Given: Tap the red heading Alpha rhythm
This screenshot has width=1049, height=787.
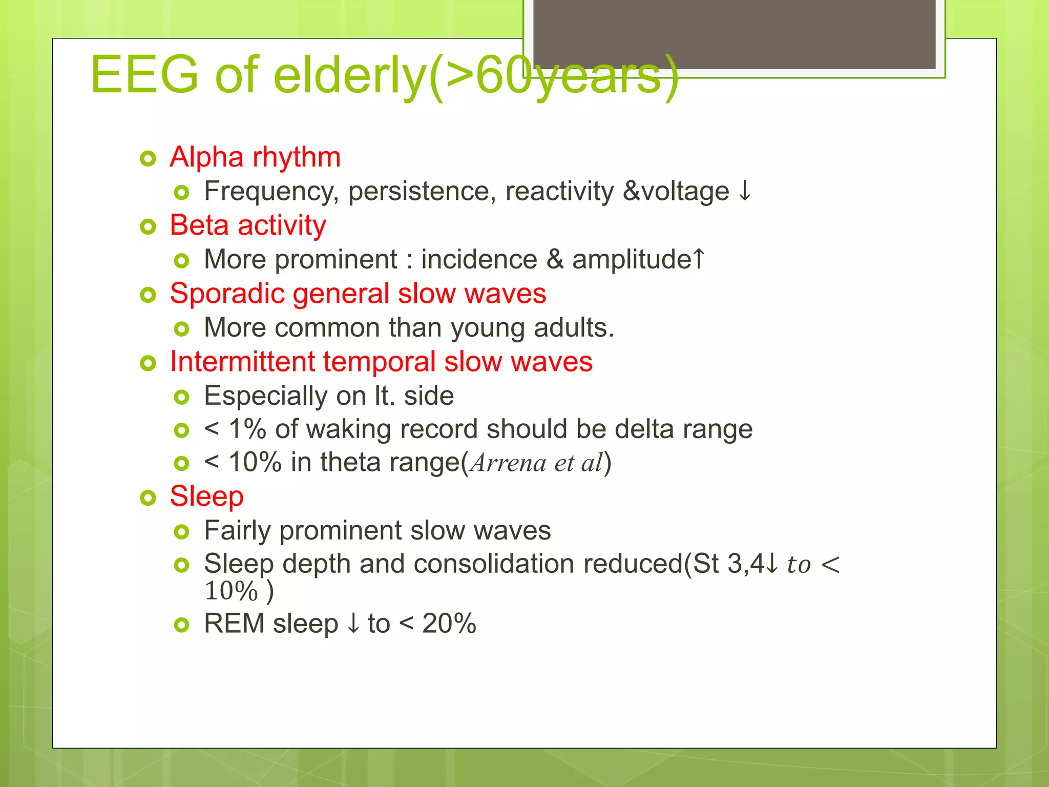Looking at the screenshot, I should [255, 157].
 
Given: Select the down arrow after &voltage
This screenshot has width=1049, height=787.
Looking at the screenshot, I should [745, 191].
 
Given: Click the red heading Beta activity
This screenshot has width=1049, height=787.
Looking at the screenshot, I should [248, 225].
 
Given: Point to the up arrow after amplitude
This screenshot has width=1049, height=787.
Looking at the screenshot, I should [699, 258].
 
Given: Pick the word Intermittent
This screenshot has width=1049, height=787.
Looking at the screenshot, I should [242, 362].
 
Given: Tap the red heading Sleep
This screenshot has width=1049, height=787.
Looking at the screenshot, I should [206, 496].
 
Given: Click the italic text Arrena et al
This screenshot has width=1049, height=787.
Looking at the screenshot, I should [537, 463].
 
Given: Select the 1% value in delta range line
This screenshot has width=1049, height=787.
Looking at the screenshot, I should [247, 429].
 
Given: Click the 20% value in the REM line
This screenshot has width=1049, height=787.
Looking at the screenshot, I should [449, 624].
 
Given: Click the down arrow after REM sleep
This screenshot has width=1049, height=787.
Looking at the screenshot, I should [353, 624].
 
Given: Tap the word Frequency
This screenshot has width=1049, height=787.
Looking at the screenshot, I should [271, 192].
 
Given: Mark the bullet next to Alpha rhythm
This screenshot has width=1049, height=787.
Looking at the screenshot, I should [148, 159].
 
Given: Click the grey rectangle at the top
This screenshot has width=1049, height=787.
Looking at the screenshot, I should [734, 33].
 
